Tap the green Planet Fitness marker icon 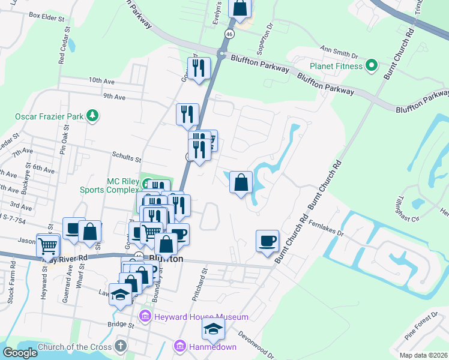tap(372, 65)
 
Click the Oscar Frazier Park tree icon tap(92, 114)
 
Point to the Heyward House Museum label tap(201, 316)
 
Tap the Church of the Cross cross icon tap(120, 346)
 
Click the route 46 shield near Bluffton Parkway tap(229, 34)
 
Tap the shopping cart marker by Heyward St tap(47, 245)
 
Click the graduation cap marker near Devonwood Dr tap(213, 329)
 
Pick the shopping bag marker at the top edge tap(240, 8)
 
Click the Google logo tap(20, 353)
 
